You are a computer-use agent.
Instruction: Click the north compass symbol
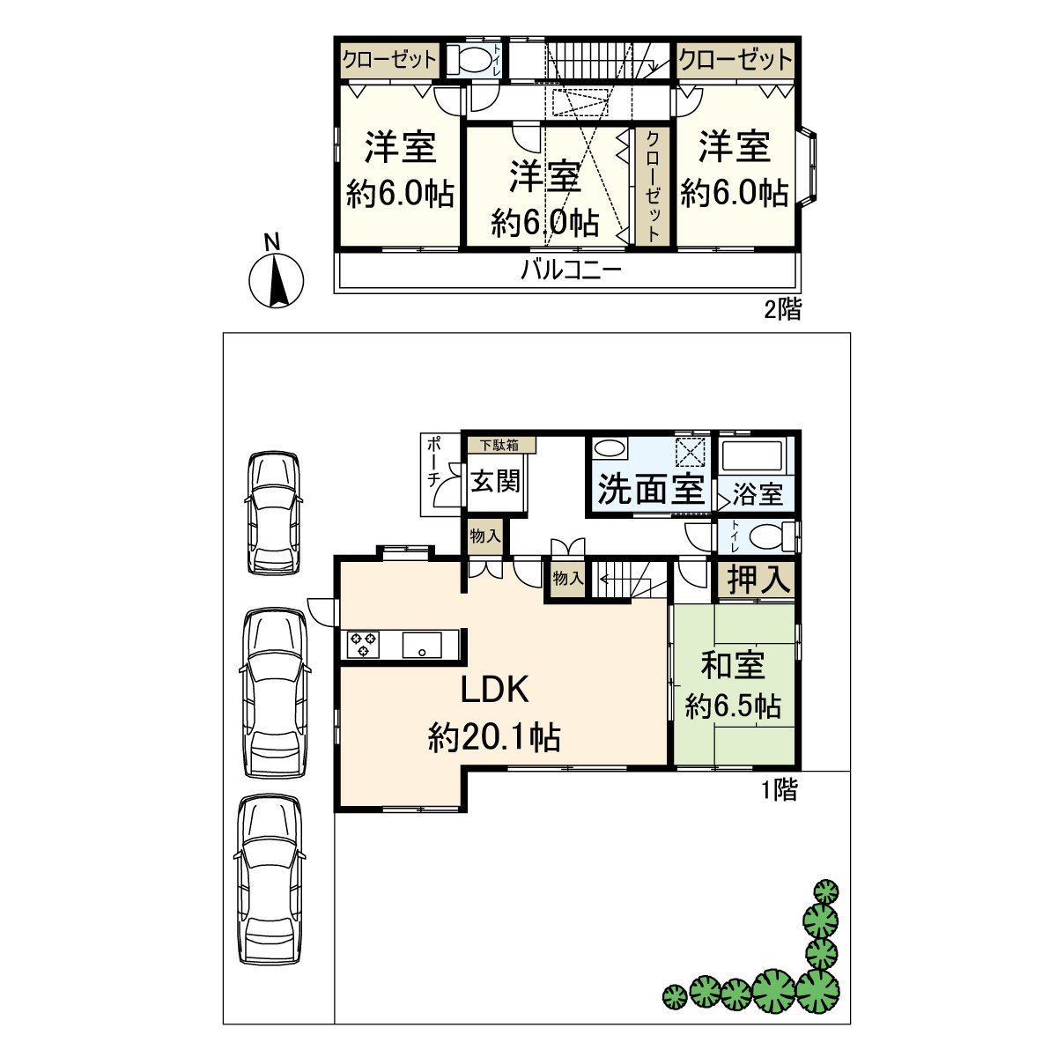coord(277,279)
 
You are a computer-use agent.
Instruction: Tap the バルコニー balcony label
coord(571,270)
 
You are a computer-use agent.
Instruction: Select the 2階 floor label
coord(781,310)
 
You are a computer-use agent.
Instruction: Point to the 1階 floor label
coord(779,790)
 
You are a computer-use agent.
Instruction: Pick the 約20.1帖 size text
coord(494,736)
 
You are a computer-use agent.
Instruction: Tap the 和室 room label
coord(733,666)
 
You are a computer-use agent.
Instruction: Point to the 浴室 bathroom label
coord(758,494)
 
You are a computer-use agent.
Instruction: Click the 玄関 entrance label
coord(496,481)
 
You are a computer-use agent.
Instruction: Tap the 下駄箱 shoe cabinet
coord(499,446)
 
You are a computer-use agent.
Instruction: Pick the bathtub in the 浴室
coord(753,455)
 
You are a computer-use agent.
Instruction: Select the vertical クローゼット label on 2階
coord(653,186)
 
